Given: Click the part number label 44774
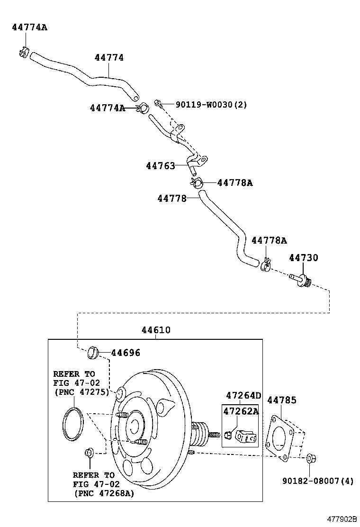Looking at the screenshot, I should pyautogui.click(x=109, y=58).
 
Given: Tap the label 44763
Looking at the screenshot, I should pyautogui.click(x=160, y=166).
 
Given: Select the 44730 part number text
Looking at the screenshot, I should pyautogui.click(x=304, y=258).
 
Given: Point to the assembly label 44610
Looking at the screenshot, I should pyautogui.click(x=156, y=330).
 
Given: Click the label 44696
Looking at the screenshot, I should pyautogui.click(x=126, y=353).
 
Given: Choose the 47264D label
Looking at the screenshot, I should pyautogui.click(x=243, y=396).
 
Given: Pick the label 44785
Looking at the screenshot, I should pyautogui.click(x=282, y=400).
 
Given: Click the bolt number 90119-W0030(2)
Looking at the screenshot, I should pyautogui.click(x=211, y=105).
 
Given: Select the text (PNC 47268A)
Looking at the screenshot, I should pyautogui.click(x=104, y=493).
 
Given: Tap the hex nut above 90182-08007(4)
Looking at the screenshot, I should pyautogui.click(x=311, y=458).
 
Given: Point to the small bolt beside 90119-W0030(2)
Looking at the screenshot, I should pyautogui.click(x=158, y=102).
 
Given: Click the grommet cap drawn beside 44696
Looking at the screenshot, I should pyautogui.click(x=92, y=352).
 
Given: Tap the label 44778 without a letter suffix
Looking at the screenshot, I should pyautogui.click(x=172, y=199).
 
